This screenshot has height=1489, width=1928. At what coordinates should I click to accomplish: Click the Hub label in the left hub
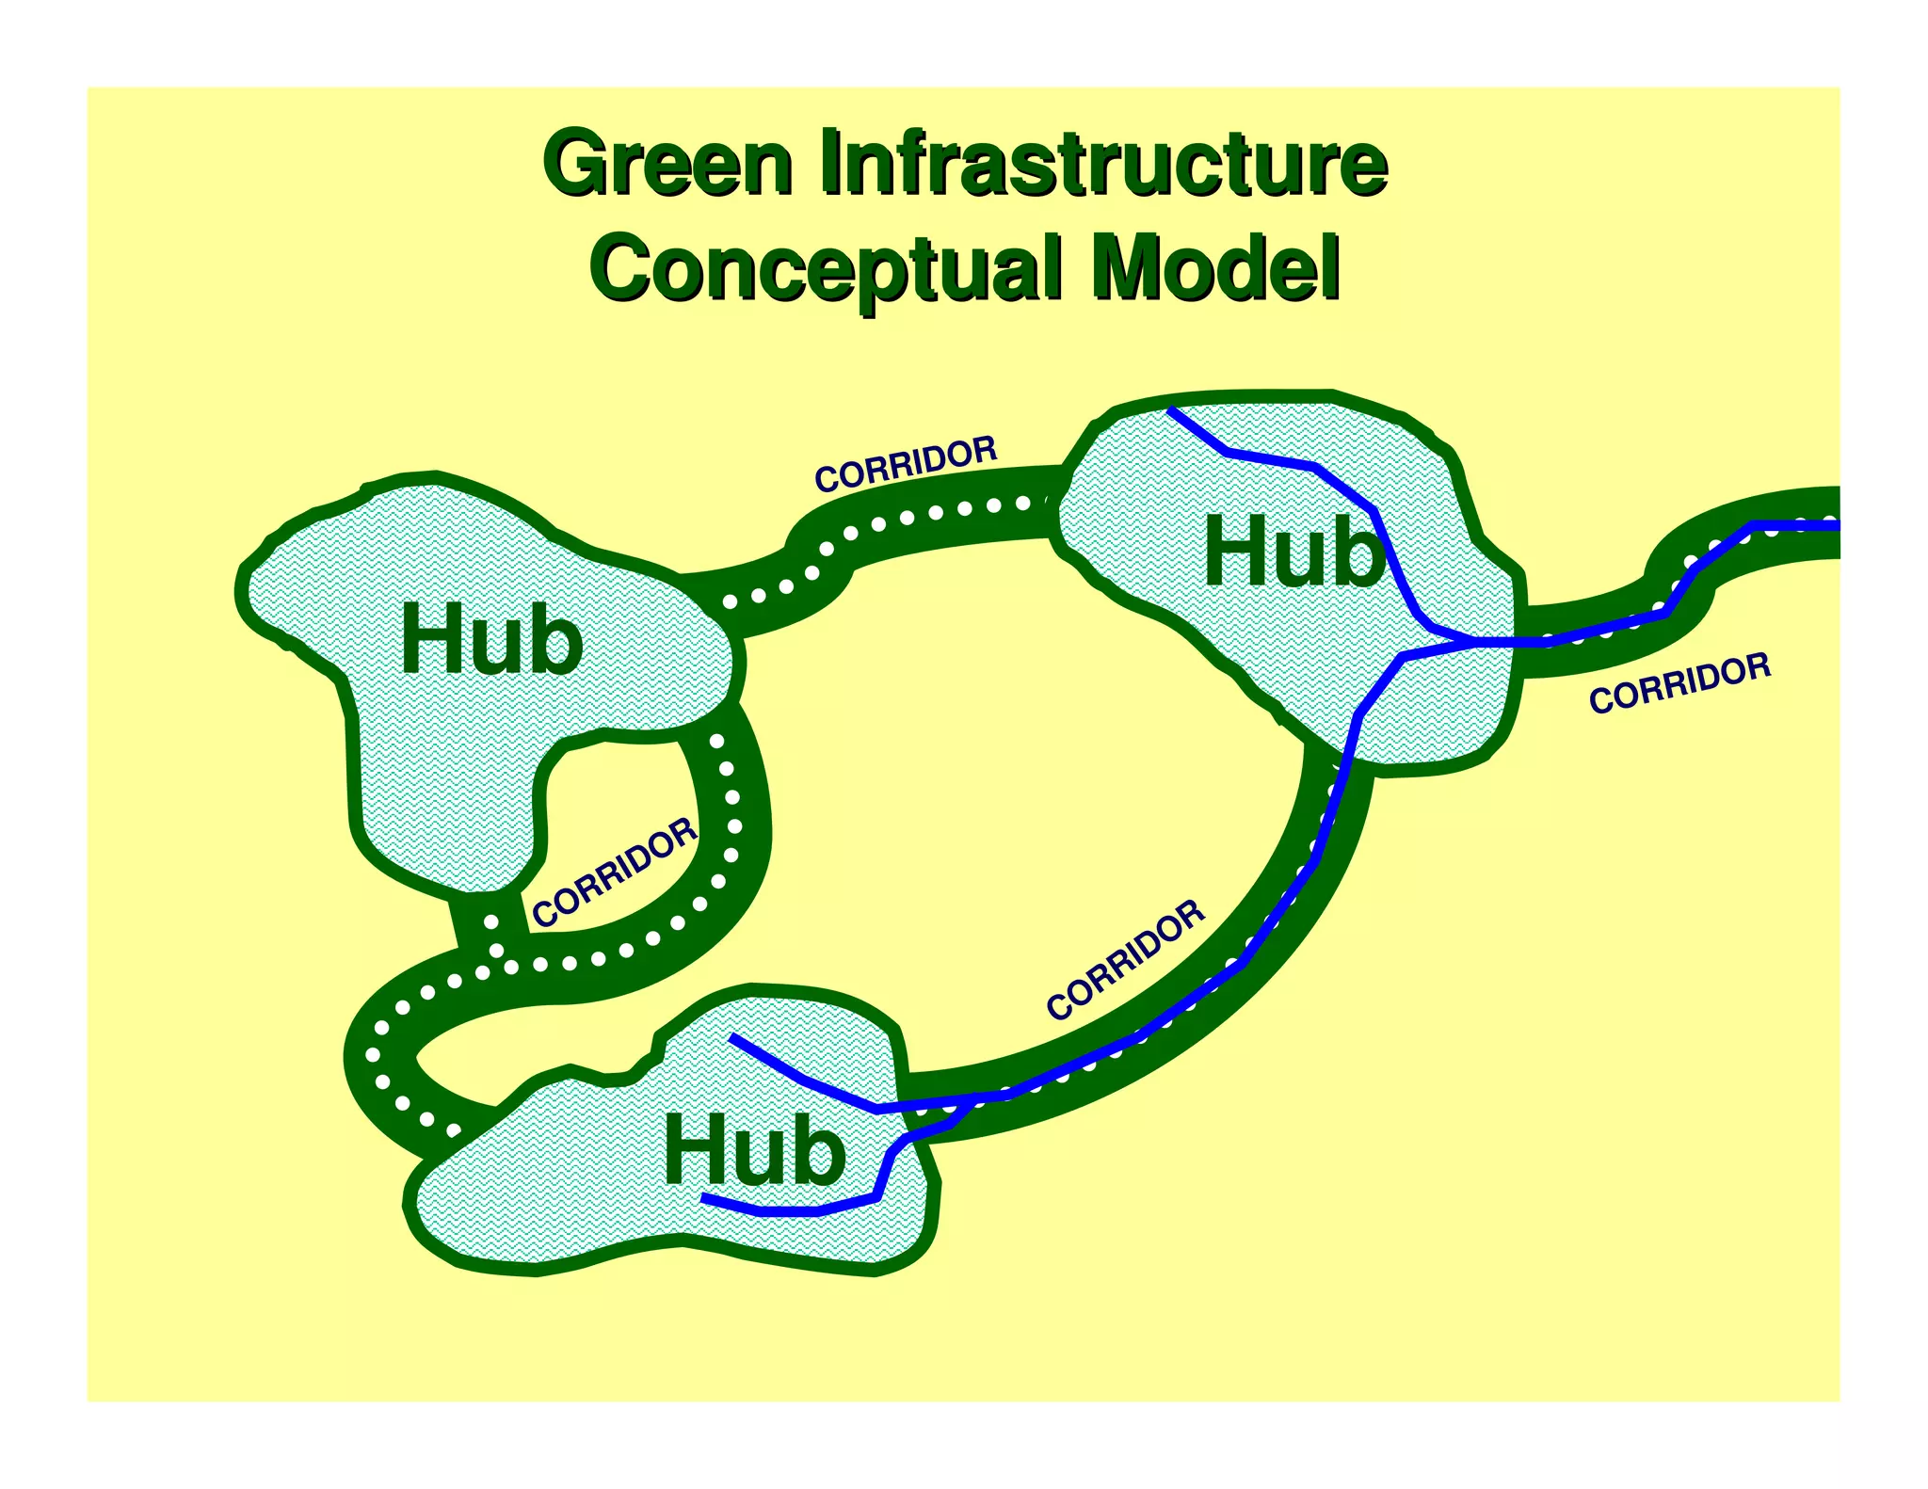(491, 639)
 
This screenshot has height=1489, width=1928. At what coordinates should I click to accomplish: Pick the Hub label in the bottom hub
(754, 1151)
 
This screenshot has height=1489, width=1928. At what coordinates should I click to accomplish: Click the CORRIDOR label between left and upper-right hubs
(906, 464)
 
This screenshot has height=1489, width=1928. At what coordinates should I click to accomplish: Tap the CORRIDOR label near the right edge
(1680, 684)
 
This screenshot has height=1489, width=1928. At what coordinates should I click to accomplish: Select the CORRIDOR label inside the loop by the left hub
(615, 873)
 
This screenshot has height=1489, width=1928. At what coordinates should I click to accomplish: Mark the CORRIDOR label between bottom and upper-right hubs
(1126, 960)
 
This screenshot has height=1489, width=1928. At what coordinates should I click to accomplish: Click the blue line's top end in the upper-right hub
(1169, 409)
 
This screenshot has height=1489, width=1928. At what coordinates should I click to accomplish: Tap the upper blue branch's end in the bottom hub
(732, 1037)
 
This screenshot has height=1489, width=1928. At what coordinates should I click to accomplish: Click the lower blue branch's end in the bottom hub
(704, 1198)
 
